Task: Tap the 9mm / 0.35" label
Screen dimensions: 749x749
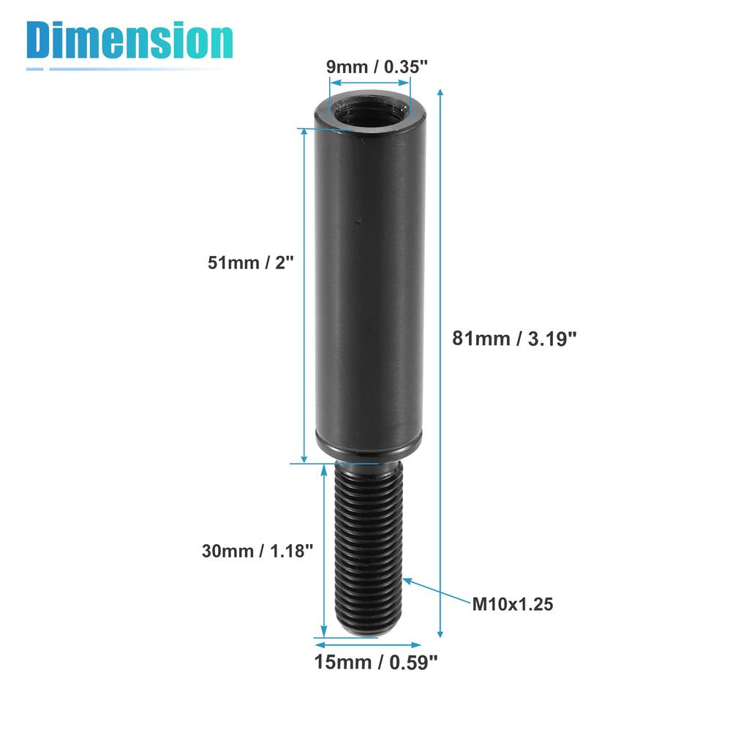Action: (376, 67)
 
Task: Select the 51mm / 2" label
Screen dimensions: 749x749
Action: (249, 263)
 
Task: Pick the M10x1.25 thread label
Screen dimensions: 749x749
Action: (512, 604)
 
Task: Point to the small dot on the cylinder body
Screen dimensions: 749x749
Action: (358, 217)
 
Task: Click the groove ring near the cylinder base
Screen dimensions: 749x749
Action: (369, 443)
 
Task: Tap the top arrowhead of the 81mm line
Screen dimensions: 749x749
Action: (440, 93)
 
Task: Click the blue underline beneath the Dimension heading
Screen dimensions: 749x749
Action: (124, 69)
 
